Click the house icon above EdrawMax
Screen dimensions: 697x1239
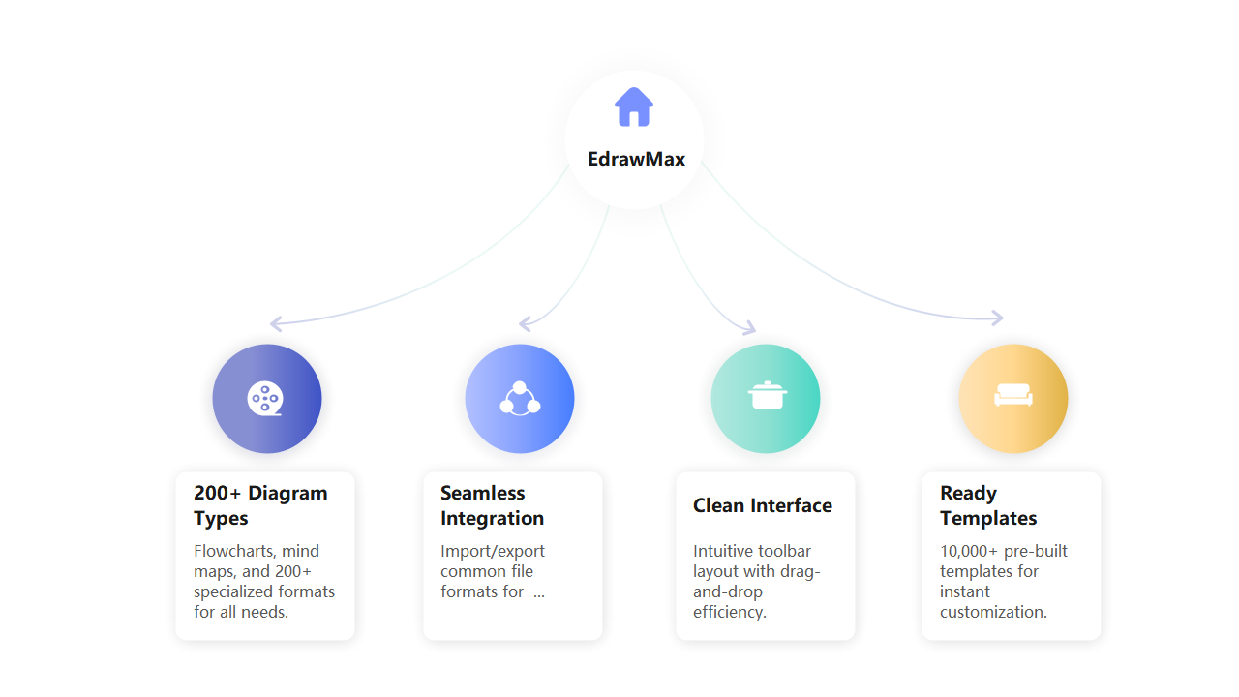pyautogui.click(x=634, y=106)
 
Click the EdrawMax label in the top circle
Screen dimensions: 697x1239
pyautogui.click(x=636, y=159)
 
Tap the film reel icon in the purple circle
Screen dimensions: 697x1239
pyautogui.click(x=264, y=399)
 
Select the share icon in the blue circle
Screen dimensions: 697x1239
pyautogui.click(x=520, y=399)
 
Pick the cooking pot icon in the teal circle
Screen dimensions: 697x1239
pyautogui.click(x=767, y=396)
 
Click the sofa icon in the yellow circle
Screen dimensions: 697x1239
pyautogui.click(x=1013, y=397)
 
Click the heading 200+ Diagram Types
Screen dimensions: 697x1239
pyautogui.click(x=260, y=505)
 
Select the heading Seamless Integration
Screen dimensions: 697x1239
pyautogui.click(x=492, y=505)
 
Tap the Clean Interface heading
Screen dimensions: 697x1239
pyautogui.click(x=763, y=505)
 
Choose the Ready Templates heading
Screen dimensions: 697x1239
pyautogui.click(x=988, y=505)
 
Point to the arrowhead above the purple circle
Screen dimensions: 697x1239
pyautogui.click(x=276, y=323)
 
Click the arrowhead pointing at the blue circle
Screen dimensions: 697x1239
pyautogui.click(x=526, y=323)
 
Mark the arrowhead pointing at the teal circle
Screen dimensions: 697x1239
pyautogui.click(x=748, y=328)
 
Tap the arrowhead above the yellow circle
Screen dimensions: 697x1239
pyautogui.click(x=997, y=318)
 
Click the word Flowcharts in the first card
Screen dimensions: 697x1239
pyautogui.click(x=233, y=551)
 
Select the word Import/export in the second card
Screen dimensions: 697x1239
pyautogui.click(x=493, y=551)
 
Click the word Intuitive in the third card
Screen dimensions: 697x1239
pyautogui.click(x=722, y=551)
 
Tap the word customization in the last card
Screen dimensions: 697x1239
pyautogui.click(x=993, y=612)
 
